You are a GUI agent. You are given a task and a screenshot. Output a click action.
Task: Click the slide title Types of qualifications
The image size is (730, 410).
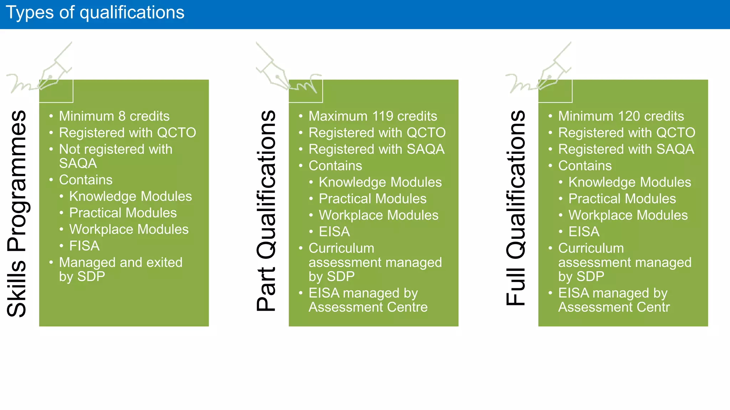95,13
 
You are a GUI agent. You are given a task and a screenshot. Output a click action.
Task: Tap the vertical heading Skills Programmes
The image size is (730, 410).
17,214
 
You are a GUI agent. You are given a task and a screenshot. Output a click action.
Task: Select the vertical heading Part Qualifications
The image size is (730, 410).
266,211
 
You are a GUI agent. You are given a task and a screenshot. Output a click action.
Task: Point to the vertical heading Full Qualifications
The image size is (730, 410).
516,208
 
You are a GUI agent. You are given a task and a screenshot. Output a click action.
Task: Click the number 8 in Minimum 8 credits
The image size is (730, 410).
122,116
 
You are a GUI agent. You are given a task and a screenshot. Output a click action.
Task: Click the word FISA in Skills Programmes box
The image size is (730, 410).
84,246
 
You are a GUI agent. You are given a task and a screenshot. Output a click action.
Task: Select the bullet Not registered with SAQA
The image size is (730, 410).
115,156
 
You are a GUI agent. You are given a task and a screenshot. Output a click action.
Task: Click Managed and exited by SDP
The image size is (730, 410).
120,269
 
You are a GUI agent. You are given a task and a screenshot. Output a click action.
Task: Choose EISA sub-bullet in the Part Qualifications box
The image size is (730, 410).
334,232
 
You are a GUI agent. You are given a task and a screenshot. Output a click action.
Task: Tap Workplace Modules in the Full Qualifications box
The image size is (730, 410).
628,215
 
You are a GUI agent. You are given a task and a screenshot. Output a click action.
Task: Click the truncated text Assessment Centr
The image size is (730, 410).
614,307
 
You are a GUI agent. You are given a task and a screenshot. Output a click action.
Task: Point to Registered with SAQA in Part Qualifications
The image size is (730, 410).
376,149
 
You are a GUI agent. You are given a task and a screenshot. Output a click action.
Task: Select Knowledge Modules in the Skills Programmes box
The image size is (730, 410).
130,196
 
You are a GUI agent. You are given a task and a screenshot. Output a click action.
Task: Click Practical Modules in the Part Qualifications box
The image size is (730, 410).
372,199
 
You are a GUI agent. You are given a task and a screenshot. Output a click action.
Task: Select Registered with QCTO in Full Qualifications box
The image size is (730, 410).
626,133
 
